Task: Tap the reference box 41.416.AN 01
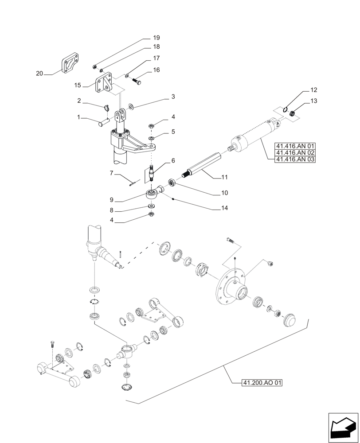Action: (295, 145)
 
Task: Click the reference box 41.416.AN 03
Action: (295, 159)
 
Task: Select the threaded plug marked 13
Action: (293, 115)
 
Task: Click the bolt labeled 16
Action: (136, 82)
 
